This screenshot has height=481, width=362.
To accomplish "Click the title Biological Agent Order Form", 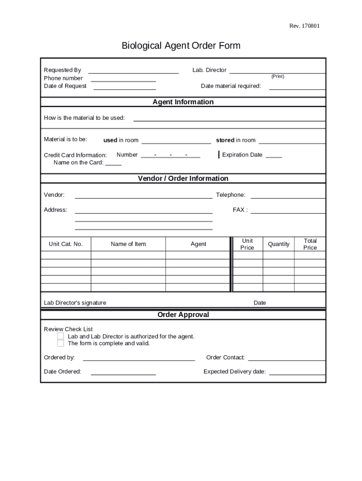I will click(181, 46).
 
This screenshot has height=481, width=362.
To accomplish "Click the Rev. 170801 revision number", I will click(304, 26).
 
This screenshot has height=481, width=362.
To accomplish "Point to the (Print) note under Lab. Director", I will click(277, 77).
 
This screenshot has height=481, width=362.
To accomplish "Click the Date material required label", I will click(231, 86).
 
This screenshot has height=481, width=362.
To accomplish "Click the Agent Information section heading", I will click(183, 102).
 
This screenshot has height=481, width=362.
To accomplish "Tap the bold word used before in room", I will click(110, 140).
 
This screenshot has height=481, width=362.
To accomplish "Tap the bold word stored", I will click(225, 140).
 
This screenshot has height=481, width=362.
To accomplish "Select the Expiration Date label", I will click(242, 155).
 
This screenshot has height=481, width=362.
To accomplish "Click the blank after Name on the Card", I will click(113, 163).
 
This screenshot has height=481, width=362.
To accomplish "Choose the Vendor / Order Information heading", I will click(183, 178).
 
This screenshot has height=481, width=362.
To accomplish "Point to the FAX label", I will click(240, 210).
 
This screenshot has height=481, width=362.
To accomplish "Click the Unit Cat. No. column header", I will click(66, 244).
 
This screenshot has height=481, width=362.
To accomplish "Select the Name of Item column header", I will click(128, 244).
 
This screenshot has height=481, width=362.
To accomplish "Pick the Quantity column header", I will click(279, 244).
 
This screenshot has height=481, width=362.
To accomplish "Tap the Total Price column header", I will click(310, 244).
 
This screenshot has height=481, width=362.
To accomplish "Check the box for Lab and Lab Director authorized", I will click(61, 336).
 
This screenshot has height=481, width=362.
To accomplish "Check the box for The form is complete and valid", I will click(61, 343).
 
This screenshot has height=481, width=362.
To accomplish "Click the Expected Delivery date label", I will click(235, 372).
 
